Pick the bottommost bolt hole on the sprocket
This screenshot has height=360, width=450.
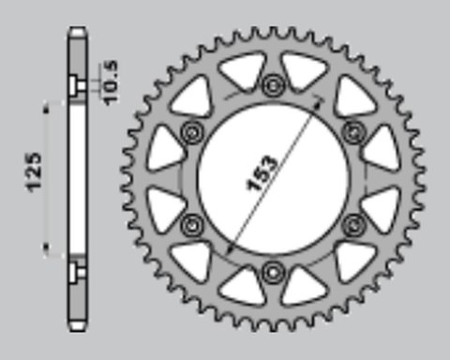click(273, 272)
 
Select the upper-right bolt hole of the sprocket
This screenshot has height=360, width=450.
click(353, 128)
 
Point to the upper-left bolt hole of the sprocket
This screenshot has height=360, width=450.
click(193, 129)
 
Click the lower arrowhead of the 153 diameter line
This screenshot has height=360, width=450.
click(228, 247)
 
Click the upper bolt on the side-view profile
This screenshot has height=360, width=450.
click(77, 86)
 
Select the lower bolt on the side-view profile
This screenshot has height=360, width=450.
click(77, 272)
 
